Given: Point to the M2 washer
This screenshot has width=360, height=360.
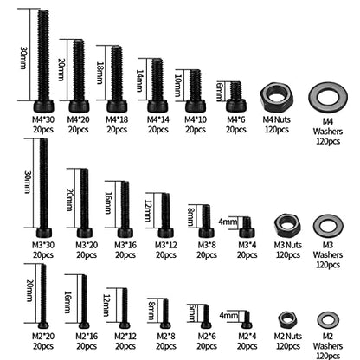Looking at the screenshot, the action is click(322, 320).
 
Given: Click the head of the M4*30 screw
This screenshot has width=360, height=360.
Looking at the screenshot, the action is click(44, 106).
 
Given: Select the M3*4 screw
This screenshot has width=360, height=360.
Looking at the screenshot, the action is click(247, 228).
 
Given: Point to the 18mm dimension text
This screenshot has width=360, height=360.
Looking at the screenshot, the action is click(100, 73).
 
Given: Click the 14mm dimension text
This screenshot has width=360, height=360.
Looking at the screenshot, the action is click(139, 80).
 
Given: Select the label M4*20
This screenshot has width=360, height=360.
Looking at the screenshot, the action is click(79, 119).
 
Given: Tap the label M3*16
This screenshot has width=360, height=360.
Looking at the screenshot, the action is click(125, 245).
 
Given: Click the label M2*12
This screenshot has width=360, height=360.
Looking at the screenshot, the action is click(125, 337).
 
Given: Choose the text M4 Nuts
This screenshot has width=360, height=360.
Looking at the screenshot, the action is click(277, 119).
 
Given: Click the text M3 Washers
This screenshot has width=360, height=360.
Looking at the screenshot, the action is click(328, 250).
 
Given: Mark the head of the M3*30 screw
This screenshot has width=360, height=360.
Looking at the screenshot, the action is click(44, 233).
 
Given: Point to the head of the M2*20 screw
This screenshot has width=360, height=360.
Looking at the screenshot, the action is click(43, 325).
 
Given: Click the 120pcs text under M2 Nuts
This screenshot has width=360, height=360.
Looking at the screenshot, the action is click(288, 346).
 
